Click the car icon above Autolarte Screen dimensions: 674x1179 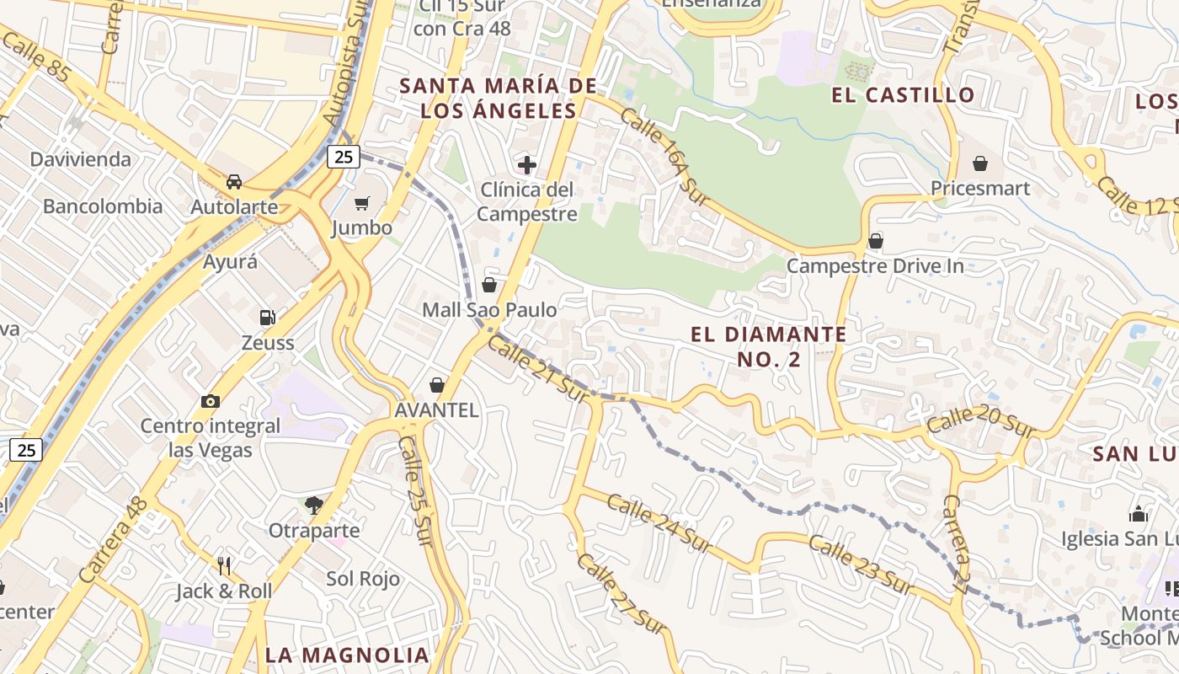click(x=234, y=181)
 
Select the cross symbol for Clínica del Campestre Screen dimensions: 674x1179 click(x=527, y=164)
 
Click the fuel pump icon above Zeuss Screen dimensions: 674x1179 click(x=267, y=317)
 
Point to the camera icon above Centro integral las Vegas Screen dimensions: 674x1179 click(x=210, y=401)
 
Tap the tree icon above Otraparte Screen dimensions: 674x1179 click(x=314, y=505)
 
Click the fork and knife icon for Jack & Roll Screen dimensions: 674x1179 click(x=224, y=565)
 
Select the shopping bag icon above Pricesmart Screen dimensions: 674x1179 click(x=980, y=163)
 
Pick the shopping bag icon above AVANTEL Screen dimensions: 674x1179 click(x=436, y=385)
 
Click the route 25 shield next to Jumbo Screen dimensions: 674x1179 click(x=343, y=156)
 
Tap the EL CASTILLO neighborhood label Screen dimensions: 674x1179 click(x=903, y=94)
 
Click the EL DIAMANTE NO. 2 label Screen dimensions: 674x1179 click(x=768, y=346)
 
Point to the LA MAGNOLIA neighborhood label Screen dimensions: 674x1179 click(x=347, y=655)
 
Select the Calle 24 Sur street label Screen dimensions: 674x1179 click(x=659, y=521)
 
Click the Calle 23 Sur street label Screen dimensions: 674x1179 click(x=861, y=564)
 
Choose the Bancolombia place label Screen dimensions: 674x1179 click(x=103, y=206)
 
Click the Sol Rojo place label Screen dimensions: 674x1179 click(x=363, y=579)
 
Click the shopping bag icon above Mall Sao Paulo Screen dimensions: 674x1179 click(x=488, y=285)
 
